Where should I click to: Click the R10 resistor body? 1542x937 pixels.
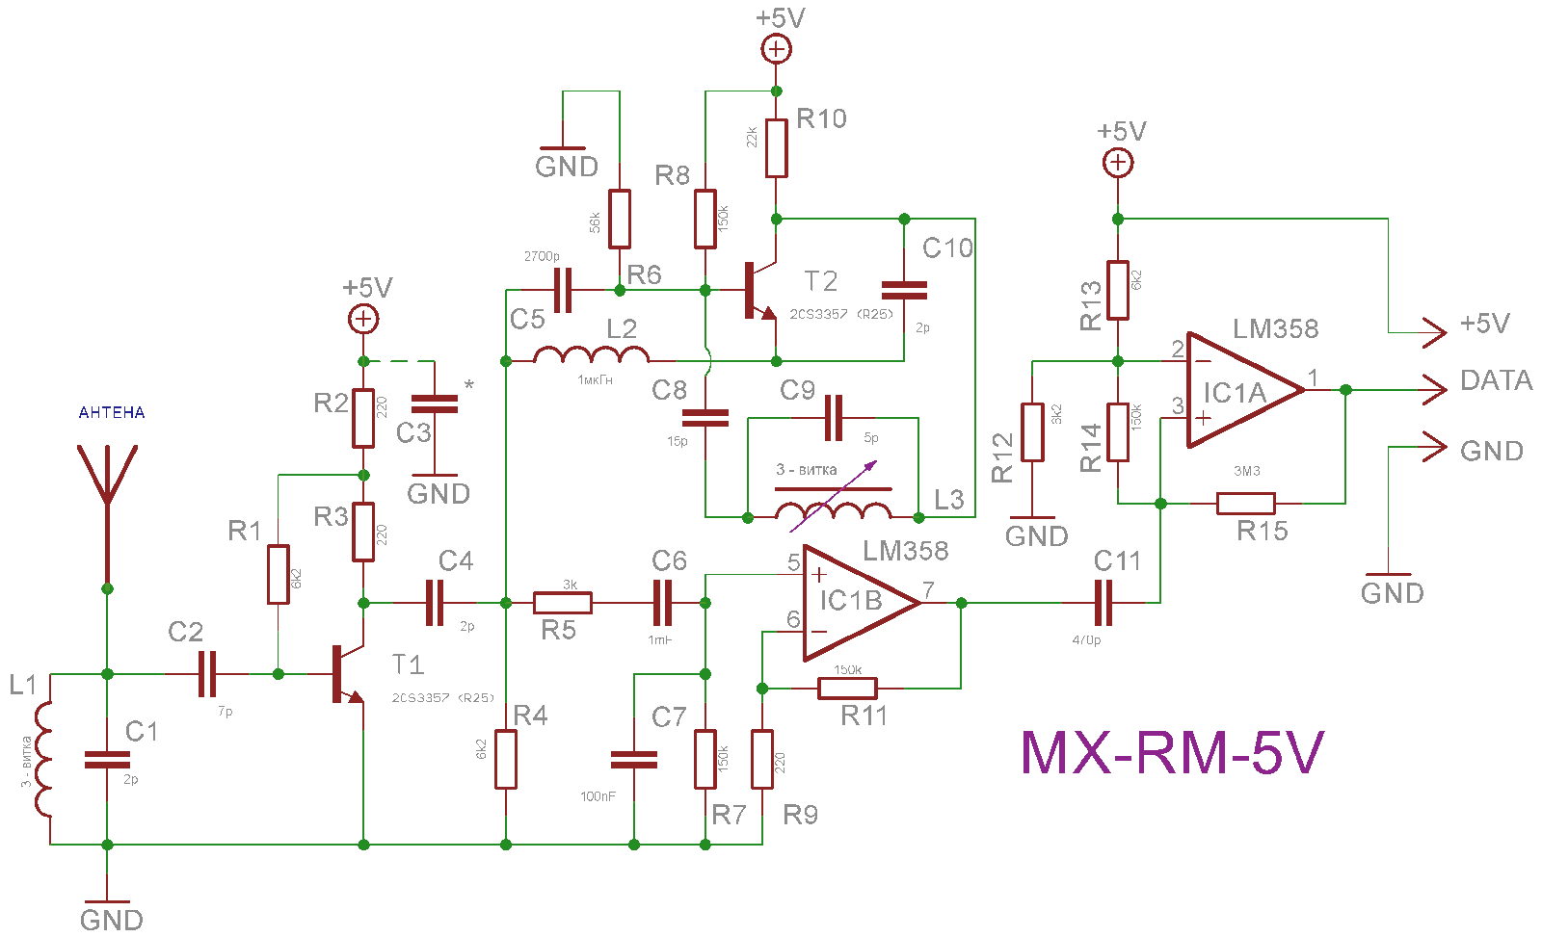(777, 148)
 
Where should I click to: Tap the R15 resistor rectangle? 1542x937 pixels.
(1245, 503)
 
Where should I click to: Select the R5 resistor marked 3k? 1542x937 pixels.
(563, 603)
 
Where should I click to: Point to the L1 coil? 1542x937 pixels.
(42, 760)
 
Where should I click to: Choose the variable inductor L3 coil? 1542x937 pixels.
(833, 510)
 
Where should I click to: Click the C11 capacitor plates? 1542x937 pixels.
(1104, 603)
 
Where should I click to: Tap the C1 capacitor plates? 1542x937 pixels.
(107, 760)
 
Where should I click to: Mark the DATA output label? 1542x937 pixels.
(1496, 380)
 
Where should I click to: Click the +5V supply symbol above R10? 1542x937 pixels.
(777, 48)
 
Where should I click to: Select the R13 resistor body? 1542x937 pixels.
(1118, 290)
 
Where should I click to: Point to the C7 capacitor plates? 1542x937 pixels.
(633, 760)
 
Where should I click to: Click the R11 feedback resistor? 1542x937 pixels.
(847, 688)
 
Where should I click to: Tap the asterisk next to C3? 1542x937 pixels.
(469, 386)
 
